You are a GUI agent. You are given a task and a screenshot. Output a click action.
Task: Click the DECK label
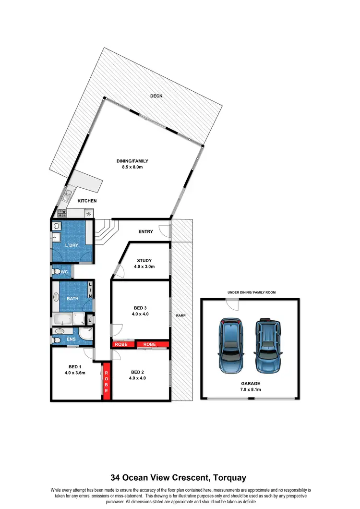pos(156,96)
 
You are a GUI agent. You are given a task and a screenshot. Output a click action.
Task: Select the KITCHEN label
pos(87,201)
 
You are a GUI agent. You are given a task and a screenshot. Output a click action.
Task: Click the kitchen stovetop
pos(62,213)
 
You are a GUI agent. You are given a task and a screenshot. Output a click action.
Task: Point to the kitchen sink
pos(66,195)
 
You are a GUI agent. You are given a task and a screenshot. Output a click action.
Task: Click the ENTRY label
pos(145,231)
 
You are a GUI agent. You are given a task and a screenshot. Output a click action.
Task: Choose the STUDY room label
pos(144,261)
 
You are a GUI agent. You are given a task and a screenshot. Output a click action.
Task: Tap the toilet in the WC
pos(58,272)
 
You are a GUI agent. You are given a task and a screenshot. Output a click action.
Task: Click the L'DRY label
pos(72,245)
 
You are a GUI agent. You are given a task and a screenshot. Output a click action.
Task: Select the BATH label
pos(72,298)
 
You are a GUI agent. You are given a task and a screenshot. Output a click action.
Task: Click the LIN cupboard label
pos(90,290)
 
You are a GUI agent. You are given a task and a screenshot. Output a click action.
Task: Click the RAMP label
pos(180,315)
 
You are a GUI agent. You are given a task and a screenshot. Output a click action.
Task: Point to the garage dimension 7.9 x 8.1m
pos(251,390)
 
